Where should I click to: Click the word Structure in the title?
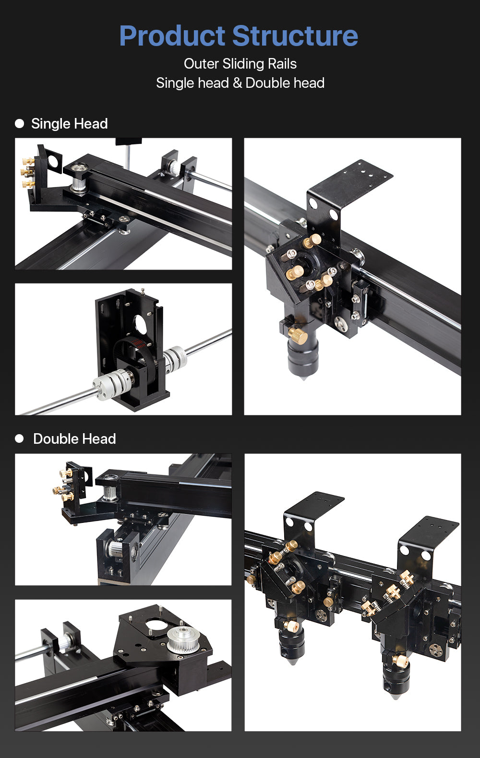point(295,36)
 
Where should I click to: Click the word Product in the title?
point(172,36)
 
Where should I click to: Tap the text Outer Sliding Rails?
point(240,64)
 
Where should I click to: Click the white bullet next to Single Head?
point(20,124)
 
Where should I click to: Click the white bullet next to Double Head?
point(20,438)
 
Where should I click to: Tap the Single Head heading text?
point(69,124)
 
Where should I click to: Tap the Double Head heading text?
point(74,438)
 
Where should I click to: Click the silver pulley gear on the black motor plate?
point(182,639)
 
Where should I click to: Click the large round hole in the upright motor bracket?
point(141,325)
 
